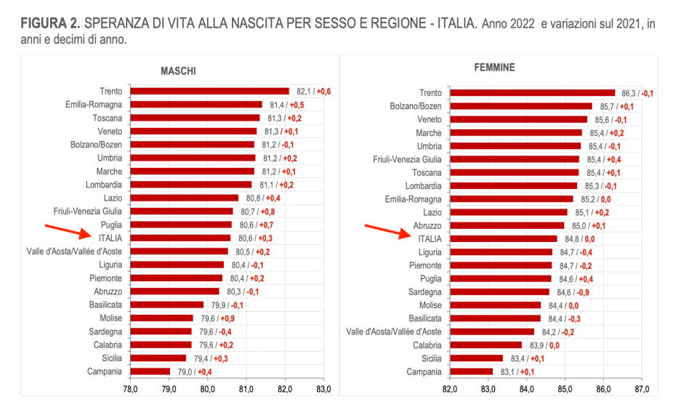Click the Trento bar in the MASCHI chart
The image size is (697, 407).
209,92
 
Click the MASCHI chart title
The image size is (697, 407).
178,71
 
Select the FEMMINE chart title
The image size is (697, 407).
494,68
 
